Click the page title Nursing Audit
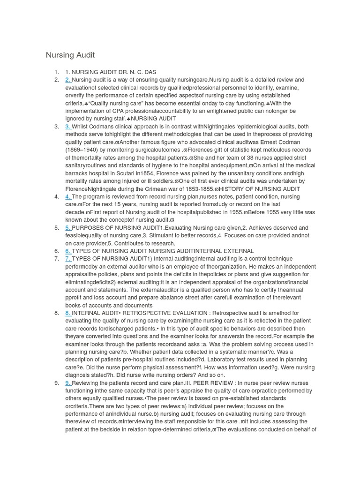(x=70, y=55)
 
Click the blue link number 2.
(x=68, y=80)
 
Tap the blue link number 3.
(x=68, y=127)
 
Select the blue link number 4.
(x=68, y=196)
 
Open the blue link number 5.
(x=68, y=228)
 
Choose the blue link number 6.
(x=68, y=251)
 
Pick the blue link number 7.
(x=68, y=259)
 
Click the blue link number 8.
(x=68, y=313)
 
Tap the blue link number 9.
(x=68, y=383)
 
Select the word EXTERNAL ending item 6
(x=239, y=251)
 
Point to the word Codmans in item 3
(x=103, y=127)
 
